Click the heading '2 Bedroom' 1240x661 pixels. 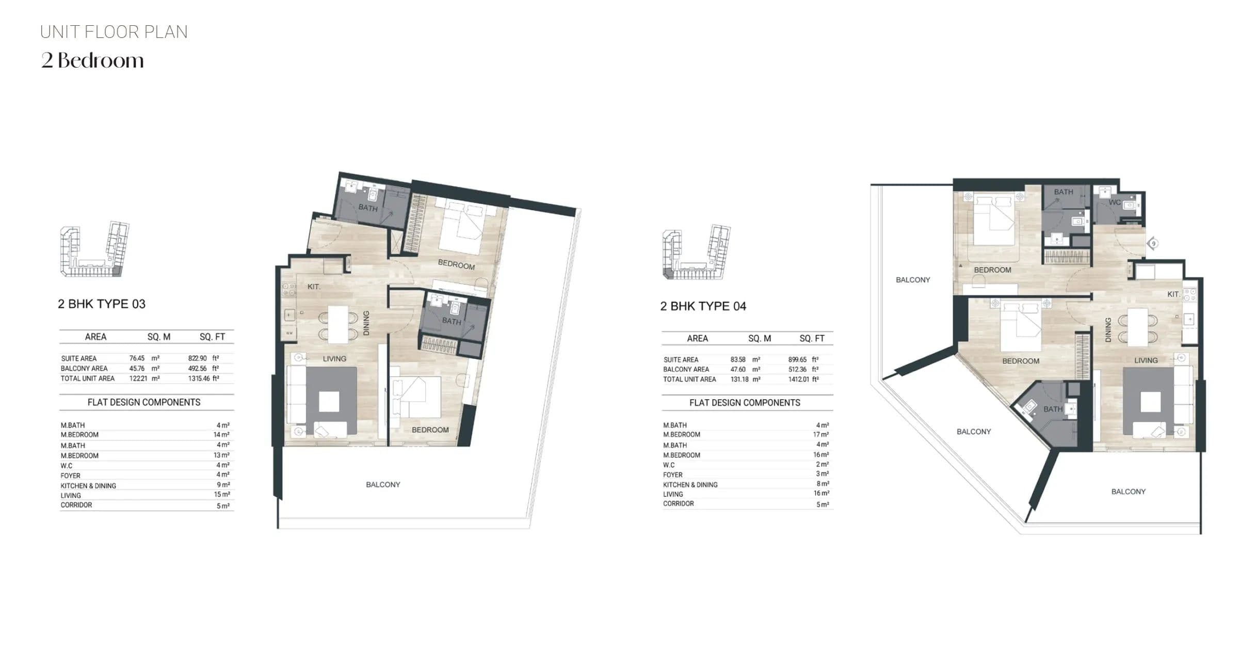92,61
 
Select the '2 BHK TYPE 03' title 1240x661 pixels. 102,304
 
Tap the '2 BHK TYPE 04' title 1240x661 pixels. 703,306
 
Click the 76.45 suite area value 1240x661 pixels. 137,358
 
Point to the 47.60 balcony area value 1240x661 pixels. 738,370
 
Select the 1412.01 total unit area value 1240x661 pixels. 799,380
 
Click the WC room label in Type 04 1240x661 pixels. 1115,202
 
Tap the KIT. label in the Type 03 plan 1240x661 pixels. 314,287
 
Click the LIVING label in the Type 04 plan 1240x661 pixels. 1146,360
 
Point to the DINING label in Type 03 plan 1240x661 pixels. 366,323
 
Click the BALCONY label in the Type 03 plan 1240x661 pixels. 383,485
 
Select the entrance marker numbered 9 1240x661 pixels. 1153,244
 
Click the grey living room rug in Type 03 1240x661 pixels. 331,401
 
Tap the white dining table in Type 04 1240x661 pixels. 1138,327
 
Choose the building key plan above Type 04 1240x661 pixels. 697,252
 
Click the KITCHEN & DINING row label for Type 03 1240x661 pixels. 88,486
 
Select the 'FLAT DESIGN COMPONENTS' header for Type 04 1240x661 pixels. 745,403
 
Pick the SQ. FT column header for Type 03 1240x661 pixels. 213,337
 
